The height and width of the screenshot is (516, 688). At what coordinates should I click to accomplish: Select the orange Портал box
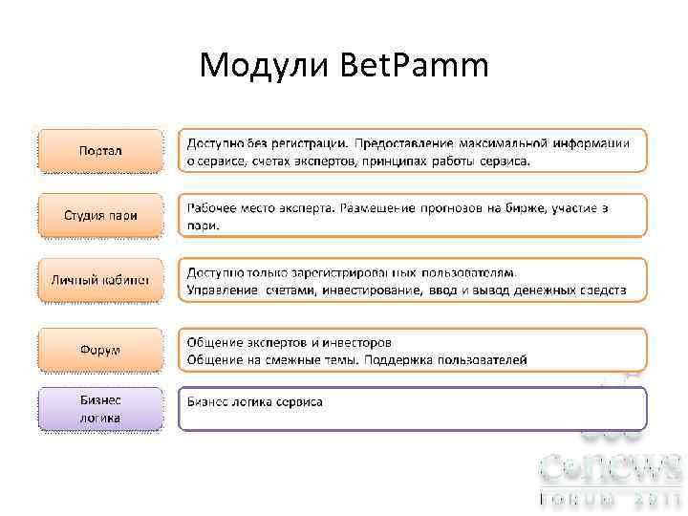click(x=100, y=150)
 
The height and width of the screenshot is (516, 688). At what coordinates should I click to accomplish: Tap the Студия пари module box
click(x=100, y=215)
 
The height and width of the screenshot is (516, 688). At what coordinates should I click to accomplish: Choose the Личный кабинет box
click(x=100, y=279)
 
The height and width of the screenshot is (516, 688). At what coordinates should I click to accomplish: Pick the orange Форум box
click(x=100, y=350)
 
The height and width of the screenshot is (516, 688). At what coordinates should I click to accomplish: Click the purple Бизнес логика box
click(x=100, y=409)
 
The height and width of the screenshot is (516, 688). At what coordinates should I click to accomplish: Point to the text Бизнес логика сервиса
click(x=254, y=401)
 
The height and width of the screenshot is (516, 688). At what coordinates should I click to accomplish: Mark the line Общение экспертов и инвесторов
click(x=289, y=342)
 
